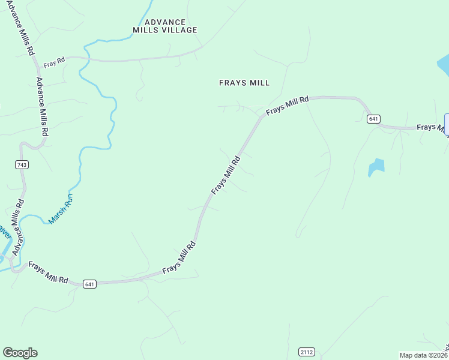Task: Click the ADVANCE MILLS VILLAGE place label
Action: pos(165,26)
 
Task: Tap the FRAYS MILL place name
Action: pos(244,83)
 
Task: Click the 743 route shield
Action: pos(23,164)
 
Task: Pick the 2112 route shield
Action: pos(307,352)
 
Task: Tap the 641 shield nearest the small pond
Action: pos(373,119)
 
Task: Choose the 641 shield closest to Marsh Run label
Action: pos(89,283)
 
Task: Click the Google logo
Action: pos(20,353)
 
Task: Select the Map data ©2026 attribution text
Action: pos(423,355)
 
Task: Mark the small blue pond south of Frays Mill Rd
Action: pos(376,167)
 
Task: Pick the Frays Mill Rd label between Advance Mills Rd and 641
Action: pos(48,272)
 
